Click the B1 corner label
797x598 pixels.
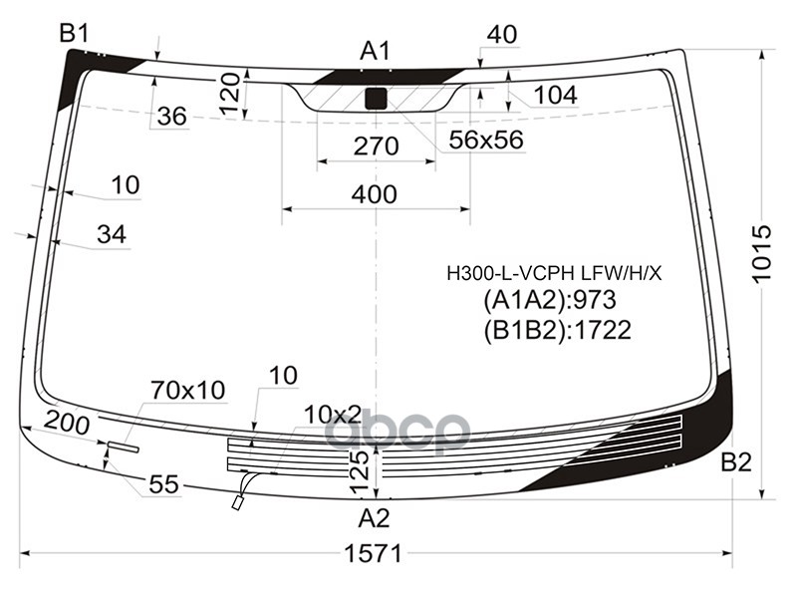pyautogui.click(x=74, y=34)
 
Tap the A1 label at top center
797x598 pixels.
pyautogui.click(x=375, y=51)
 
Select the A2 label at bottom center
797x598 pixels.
pyautogui.click(x=374, y=518)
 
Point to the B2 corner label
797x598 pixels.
pyautogui.click(x=736, y=462)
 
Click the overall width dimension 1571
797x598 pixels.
pyautogui.click(x=374, y=553)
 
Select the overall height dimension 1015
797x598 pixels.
pyautogui.click(x=761, y=253)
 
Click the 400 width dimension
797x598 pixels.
pyautogui.click(x=375, y=194)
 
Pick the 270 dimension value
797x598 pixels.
pyautogui.click(x=377, y=147)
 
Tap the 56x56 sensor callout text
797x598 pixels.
pyautogui.click(x=486, y=140)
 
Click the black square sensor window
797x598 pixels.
pyautogui.click(x=376, y=98)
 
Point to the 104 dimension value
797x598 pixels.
pyautogui.click(x=556, y=95)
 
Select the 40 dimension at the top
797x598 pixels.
pyautogui.click(x=502, y=35)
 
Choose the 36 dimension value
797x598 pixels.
pyautogui.click(x=171, y=117)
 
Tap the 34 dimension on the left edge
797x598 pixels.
pyautogui.click(x=112, y=234)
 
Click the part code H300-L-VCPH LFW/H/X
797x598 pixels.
pyautogui.click(x=554, y=274)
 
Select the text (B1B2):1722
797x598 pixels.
pyautogui.click(x=558, y=330)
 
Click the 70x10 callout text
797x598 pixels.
pyautogui.click(x=187, y=391)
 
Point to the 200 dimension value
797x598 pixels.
pyautogui.click(x=67, y=423)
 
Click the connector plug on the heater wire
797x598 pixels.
pyautogui.click(x=237, y=503)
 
